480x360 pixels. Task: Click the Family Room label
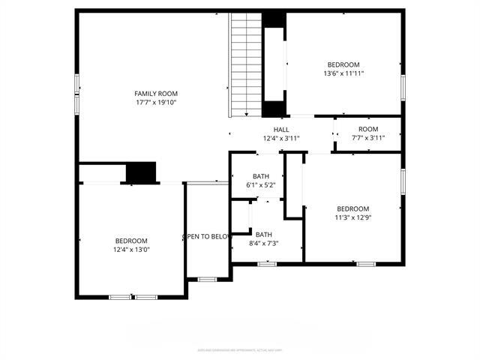(156, 93)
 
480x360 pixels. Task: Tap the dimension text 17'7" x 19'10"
(156, 103)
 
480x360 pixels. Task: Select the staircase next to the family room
(246, 64)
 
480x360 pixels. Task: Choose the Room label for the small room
(367, 129)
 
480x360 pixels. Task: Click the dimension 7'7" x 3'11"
(367, 138)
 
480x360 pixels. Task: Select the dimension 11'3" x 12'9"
(352, 218)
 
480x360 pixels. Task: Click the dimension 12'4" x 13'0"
(131, 250)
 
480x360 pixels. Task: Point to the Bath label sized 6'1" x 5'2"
(261, 176)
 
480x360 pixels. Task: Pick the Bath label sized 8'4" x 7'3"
(264, 234)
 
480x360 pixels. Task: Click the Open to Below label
(206, 237)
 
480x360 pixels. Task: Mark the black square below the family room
(140, 172)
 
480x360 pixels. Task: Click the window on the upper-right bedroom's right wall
(403, 86)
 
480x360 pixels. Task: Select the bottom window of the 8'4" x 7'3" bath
(267, 264)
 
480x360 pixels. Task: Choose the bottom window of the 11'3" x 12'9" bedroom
(366, 264)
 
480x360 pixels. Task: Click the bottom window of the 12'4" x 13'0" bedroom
(133, 298)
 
